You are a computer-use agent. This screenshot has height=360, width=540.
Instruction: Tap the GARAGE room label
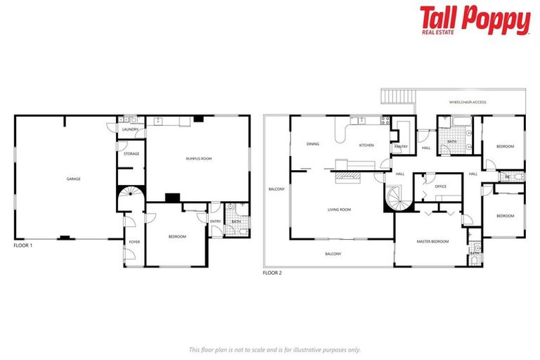click(x=73, y=179)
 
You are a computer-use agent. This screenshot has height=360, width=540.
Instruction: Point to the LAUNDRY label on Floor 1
click(x=129, y=129)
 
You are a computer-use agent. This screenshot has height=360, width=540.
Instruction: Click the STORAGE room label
click(x=131, y=153)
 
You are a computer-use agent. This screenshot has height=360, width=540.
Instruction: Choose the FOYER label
click(x=134, y=241)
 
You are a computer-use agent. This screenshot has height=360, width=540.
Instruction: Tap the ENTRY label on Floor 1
click(x=215, y=222)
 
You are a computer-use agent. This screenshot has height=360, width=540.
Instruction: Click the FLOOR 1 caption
click(x=23, y=246)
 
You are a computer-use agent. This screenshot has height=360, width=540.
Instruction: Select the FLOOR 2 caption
click(x=272, y=272)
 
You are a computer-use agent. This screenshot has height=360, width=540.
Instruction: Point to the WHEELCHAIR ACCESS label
click(x=468, y=103)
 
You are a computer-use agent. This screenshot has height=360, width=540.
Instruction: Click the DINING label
click(x=313, y=145)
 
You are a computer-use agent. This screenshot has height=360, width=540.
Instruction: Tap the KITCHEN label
click(x=366, y=146)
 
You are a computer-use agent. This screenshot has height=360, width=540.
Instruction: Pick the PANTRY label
click(x=401, y=146)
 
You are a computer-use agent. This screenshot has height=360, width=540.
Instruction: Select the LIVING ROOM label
click(x=339, y=210)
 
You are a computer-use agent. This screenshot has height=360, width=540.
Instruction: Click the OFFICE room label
click(x=441, y=186)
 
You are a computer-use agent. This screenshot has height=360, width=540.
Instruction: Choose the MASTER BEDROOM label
click(x=432, y=241)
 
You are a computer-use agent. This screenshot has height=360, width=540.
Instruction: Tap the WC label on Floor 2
click(x=507, y=176)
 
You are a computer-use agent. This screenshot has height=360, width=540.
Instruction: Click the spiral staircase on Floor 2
click(x=399, y=198)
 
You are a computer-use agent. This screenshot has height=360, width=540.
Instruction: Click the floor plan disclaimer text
click(x=275, y=349)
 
